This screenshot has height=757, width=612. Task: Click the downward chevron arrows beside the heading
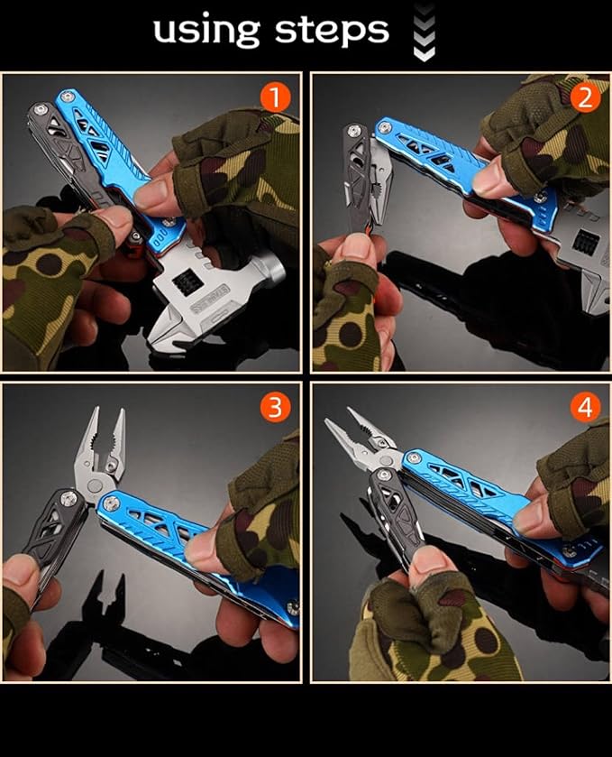(x=423, y=33)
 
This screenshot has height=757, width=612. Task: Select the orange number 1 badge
(x=276, y=97)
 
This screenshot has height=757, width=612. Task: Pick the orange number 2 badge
(x=585, y=97)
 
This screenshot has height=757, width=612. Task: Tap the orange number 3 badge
(x=276, y=407)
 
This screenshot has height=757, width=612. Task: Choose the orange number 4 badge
(x=585, y=408)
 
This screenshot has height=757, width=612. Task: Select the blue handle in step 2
(x=442, y=158)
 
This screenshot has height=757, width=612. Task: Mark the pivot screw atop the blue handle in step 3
(x=110, y=503)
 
